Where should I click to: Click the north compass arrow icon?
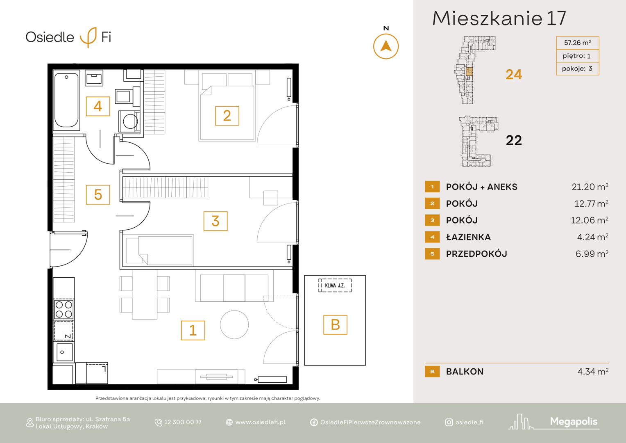click(386, 46)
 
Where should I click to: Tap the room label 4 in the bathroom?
click(98, 106)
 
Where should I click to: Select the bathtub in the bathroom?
click(66, 100)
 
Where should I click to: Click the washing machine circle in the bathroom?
click(130, 121)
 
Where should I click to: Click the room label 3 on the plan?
click(215, 221)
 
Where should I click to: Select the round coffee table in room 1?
click(234, 324)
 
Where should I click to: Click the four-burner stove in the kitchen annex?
click(64, 309)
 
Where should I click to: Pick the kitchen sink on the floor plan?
click(64, 352)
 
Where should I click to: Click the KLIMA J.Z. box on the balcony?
click(335, 285)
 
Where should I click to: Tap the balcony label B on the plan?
click(336, 324)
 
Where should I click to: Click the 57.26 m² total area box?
click(578, 43)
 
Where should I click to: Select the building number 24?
click(514, 74)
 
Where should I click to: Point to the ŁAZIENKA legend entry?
click(468, 237)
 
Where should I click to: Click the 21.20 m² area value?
click(590, 187)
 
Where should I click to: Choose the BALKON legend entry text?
click(465, 371)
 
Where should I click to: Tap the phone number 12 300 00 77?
click(183, 422)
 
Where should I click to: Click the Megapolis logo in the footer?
click(553, 422)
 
